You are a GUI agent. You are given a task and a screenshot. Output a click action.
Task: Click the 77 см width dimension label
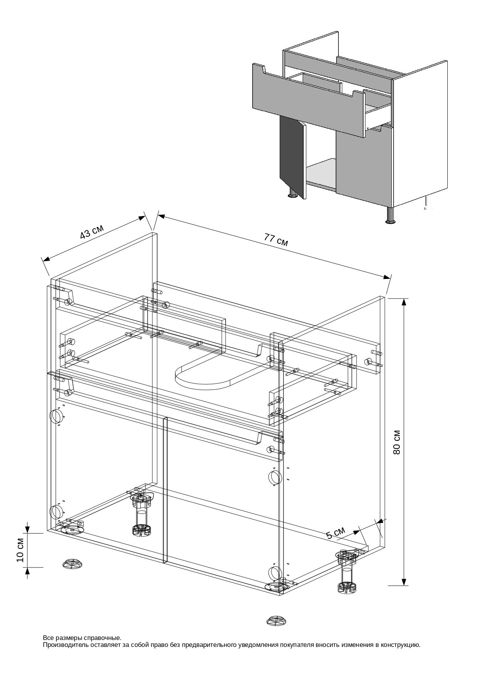point(276,240)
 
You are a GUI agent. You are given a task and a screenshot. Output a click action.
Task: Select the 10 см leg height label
point(20,549)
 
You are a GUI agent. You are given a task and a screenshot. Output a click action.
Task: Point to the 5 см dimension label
point(335,533)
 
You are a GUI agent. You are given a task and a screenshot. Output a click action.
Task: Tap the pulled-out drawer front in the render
point(309,102)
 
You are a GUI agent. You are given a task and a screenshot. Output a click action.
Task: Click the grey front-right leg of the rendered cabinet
point(391,215)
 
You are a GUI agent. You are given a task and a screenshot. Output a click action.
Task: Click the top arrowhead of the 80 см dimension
point(404,302)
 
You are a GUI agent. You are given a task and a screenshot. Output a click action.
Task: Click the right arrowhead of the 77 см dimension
point(386,277)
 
